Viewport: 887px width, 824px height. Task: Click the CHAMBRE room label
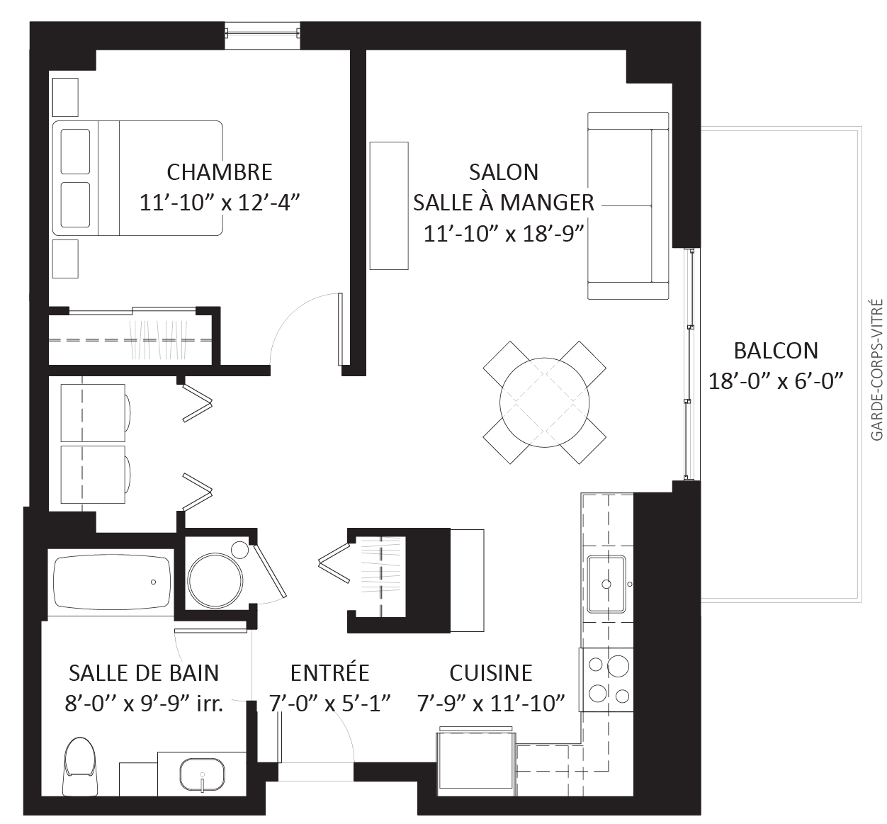tap(219, 172)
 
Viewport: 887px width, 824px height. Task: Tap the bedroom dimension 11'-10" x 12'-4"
tap(219, 203)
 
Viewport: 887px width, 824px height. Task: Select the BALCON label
tap(776, 351)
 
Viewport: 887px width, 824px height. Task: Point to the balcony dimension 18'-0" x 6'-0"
tap(776, 380)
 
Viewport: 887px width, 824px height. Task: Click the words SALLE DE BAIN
tap(144, 672)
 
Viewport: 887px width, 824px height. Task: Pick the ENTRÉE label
tap(329, 672)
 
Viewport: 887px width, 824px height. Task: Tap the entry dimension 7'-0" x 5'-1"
tap(329, 704)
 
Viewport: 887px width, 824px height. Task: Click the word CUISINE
tap(491, 672)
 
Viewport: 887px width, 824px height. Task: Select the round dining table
tap(544, 402)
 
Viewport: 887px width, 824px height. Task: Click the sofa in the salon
tap(628, 205)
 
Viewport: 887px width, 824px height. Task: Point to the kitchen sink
tap(606, 584)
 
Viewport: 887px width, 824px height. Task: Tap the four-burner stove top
tap(606, 679)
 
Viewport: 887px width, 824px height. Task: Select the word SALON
tap(504, 172)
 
